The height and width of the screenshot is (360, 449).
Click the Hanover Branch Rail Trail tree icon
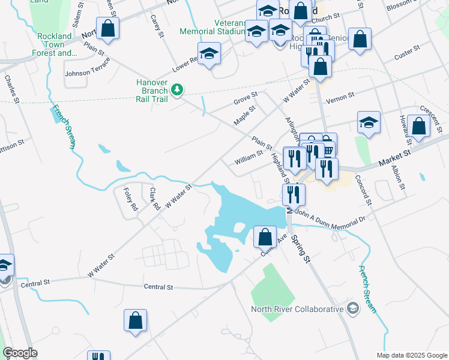pyautogui.click(x=176, y=90)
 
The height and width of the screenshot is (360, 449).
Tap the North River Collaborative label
pyautogui.click(x=296, y=310)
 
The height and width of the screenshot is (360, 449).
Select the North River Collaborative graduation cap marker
pyautogui.click(x=353, y=309)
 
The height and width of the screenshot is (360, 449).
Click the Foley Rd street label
pyautogui.click(x=130, y=200)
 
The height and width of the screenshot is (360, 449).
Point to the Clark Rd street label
pyautogui.click(x=154, y=199)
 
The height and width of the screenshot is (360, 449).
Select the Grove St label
pyautogui.click(x=246, y=98)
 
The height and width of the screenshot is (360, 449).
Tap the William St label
pyautogui.click(x=249, y=158)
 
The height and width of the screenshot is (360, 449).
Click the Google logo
pyautogui.click(x=20, y=353)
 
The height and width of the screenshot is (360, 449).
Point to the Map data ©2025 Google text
pyautogui.click(x=411, y=355)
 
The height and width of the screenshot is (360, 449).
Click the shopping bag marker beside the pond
pyautogui.click(x=265, y=236)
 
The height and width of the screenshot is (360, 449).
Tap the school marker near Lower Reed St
pyautogui.click(x=209, y=53)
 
